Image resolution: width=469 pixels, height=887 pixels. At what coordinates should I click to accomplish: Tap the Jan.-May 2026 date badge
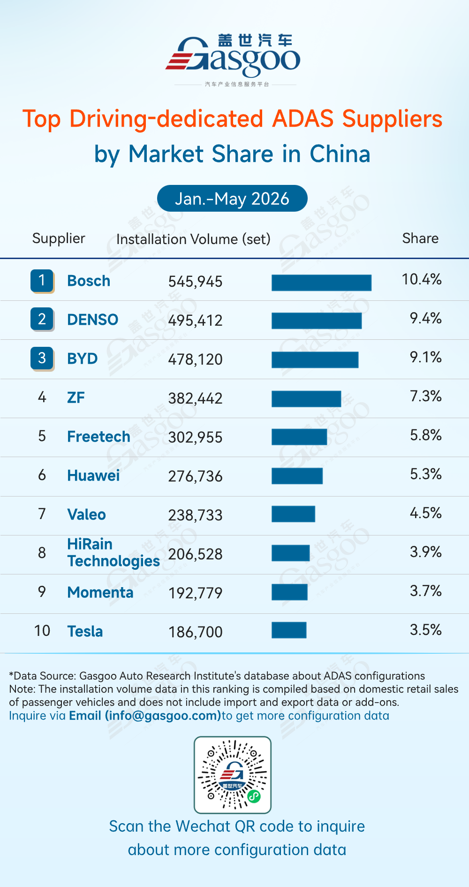pyautogui.click(x=232, y=199)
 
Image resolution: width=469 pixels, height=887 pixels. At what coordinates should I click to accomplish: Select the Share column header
pyautogui.click(x=420, y=238)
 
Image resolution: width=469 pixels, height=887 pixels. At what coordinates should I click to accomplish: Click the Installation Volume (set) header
pyautogui.click(x=193, y=239)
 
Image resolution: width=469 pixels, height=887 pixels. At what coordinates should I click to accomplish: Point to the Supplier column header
pyautogui.click(x=59, y=238)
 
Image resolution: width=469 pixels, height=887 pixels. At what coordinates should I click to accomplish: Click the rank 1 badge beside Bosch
pyautogui.click(x=42, y=281)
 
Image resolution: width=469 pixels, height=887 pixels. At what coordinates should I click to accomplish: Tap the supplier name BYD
pyautogui.click(x=83, y=359)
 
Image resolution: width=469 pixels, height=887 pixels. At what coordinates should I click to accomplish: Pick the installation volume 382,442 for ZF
pyautogui.click(x=196, y=398)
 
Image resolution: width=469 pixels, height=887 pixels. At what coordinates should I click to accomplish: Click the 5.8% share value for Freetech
pyautogui.click(x=426, y=435)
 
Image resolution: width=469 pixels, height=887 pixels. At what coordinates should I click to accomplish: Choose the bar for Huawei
pyautogui.click(x=297, y=476)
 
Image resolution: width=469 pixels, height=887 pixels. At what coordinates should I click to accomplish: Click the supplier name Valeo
pyautogui.click(x=87, y=514)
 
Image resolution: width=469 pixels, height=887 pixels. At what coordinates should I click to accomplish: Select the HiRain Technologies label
pyautogui.click(x=113, y=553)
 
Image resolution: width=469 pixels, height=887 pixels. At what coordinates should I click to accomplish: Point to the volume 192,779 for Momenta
pyautogui.click(x=196, y=593)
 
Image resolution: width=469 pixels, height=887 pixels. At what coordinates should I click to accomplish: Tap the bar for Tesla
pyautogui.click(x=289, y=630)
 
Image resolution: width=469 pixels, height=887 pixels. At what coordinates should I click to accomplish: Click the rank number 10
pyautogui.click(x=42, y=631)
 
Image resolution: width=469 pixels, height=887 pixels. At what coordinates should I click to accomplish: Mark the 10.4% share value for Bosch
pyautogui.click(x=422, y=279)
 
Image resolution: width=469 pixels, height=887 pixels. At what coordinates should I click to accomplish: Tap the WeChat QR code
pyautogui.click(x=233, y=775)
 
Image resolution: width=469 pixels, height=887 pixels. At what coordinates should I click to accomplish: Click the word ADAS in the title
pyautogui.click(x=303, y=118)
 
